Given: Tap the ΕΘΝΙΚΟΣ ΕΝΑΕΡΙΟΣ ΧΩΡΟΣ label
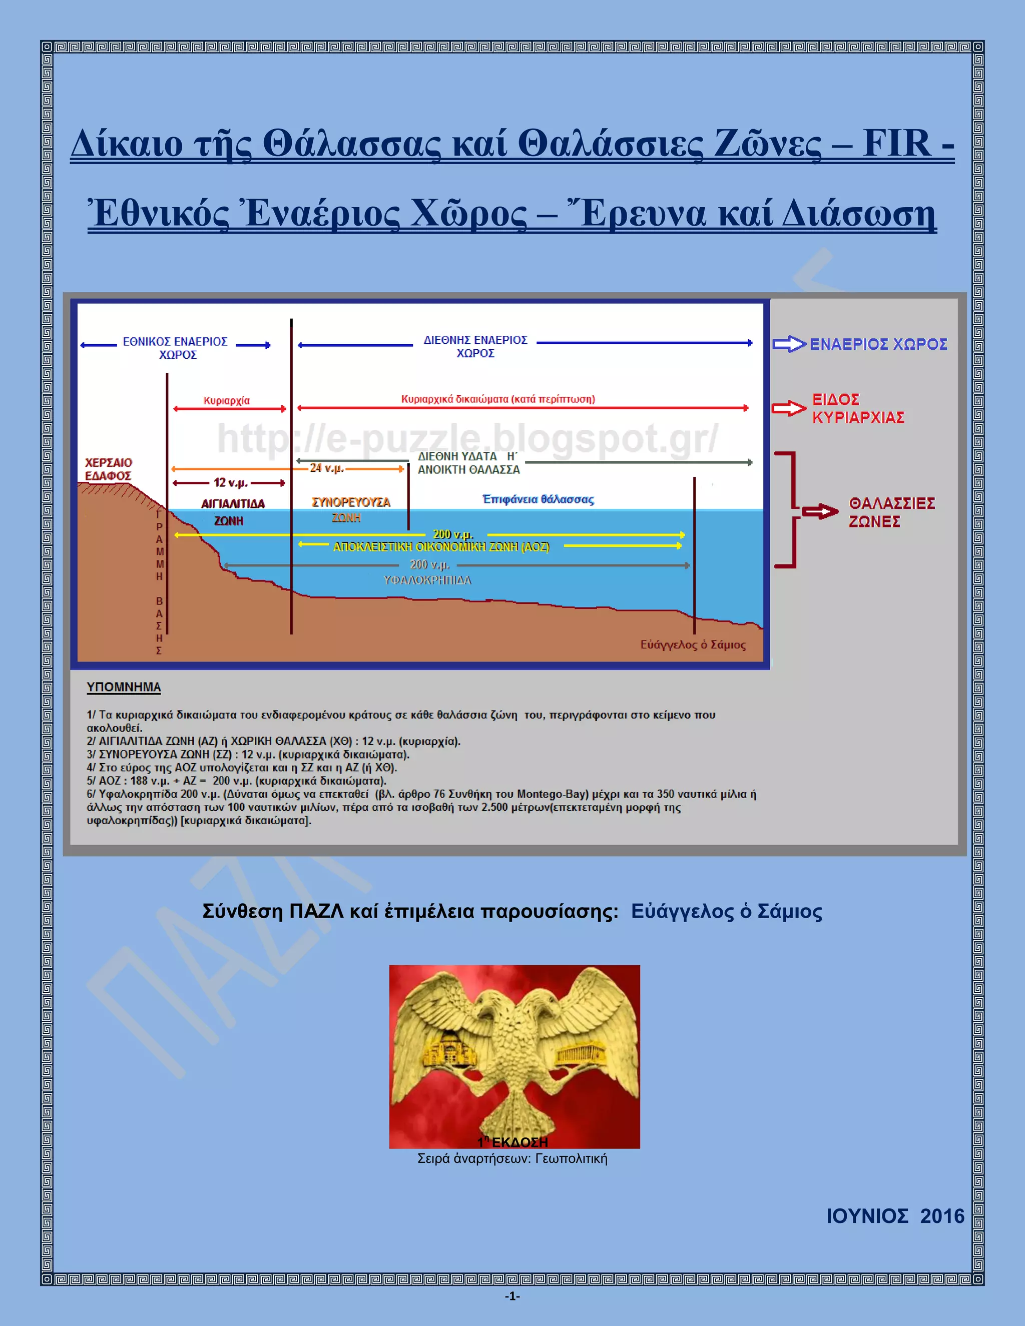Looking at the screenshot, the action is point(176,348).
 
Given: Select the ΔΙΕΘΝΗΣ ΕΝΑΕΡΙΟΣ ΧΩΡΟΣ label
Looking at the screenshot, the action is point(475,347).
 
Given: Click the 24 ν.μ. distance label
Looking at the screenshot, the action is point(327,468).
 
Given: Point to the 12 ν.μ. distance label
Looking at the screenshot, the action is point(230,483).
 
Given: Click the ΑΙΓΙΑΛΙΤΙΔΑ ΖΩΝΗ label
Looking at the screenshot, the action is point(233,512).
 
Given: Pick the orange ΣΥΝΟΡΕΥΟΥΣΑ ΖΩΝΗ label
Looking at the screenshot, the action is point(350,509).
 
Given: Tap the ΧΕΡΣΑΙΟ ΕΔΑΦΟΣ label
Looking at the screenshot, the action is point(108,469).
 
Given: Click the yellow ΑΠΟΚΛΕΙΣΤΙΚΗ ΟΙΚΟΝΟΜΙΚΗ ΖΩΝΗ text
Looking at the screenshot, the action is point(441,546).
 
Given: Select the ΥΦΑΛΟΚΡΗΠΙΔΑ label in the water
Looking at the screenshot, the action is point(427,580).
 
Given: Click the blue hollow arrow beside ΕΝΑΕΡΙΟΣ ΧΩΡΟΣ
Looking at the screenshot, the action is point(789,344).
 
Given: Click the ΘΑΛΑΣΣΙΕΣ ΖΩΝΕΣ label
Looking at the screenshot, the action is point(891,512).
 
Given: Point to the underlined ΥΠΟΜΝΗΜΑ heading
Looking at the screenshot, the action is point(124,687).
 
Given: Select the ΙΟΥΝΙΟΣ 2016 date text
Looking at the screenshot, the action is point(895,1216).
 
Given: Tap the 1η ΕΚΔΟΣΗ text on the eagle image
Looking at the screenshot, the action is point(513,1142).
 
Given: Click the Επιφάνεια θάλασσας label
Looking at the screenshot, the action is point(538,499).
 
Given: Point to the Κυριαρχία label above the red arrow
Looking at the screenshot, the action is point(227,401).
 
